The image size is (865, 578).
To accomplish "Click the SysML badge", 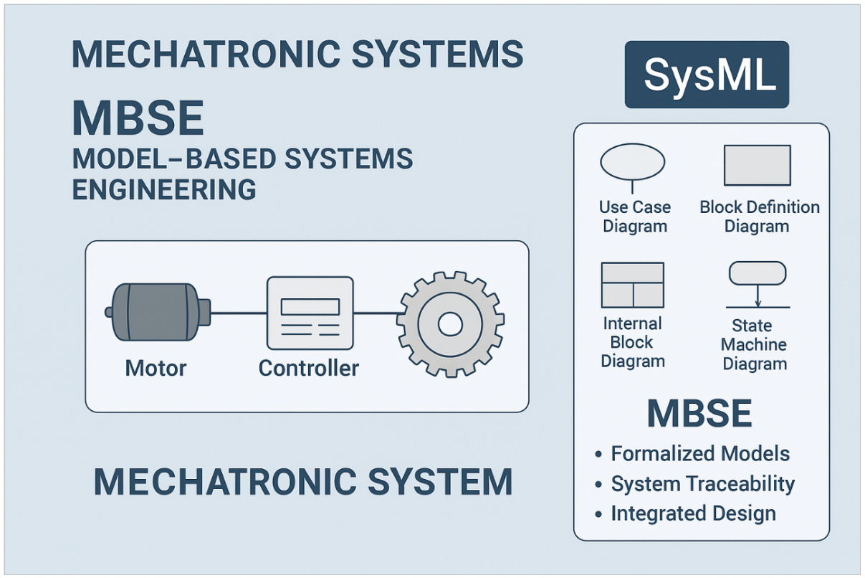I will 707,75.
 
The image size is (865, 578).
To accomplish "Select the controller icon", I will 310,312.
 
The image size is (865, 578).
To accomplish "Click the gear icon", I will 450,324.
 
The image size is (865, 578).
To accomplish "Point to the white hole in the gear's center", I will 450,325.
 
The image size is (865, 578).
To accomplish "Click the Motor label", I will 156,369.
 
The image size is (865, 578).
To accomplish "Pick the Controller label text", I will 308,369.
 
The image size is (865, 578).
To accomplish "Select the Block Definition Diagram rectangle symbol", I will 757,165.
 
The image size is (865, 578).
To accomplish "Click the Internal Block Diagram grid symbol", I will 632,284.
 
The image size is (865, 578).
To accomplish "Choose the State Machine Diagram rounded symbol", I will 757,273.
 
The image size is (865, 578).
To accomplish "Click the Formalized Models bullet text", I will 700,454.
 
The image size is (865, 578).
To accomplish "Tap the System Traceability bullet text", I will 702,484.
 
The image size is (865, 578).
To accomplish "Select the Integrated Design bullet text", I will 693,514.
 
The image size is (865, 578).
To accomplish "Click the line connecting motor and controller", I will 239,312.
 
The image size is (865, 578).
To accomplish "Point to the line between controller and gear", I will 376,312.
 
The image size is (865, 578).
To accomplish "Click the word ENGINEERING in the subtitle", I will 164,189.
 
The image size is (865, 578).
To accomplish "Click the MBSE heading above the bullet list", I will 699,414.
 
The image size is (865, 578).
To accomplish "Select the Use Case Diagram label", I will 634,217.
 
